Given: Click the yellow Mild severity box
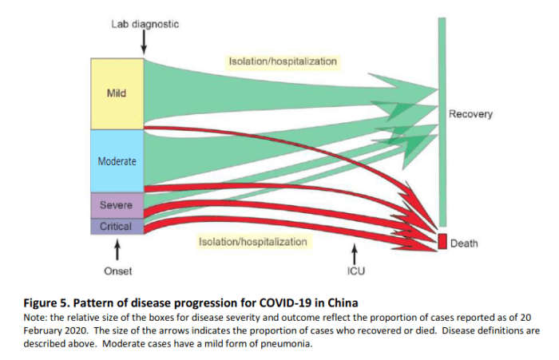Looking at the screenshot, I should [116, 93].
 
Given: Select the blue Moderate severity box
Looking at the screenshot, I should [116, 160].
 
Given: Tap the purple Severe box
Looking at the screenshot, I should [116, 205].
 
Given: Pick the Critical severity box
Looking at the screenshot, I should [116, 227].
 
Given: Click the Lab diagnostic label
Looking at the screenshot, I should [145, 24].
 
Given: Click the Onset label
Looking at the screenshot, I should [118, 271].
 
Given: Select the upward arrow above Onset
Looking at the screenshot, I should [118, 251].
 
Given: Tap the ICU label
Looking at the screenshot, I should [355, 271].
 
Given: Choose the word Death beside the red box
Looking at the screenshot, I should [464, 243].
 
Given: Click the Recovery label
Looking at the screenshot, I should [470, 114].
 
